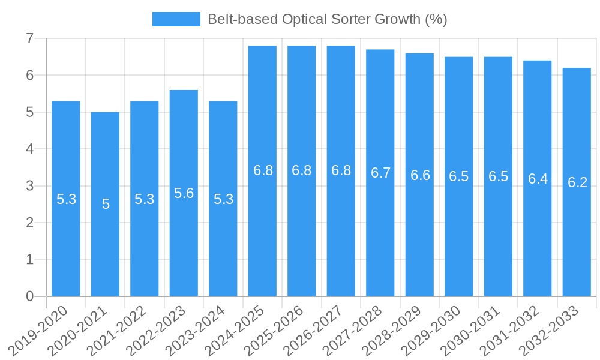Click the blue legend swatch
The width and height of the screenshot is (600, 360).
pos(176,19)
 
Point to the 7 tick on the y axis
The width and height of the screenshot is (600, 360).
pos(29,39)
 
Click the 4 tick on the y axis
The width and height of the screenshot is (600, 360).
pos(29,149)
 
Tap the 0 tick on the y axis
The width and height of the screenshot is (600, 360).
pos(29,296)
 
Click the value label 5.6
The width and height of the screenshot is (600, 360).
pos(184,193)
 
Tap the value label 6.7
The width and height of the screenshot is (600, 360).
pos(380,173)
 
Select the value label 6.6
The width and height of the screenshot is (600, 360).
pos(420,175)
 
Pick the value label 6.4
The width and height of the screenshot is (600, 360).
pos(538,179)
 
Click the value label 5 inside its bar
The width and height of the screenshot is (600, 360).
pos(106,204)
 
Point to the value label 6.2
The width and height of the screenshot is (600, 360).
pos(577,183)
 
